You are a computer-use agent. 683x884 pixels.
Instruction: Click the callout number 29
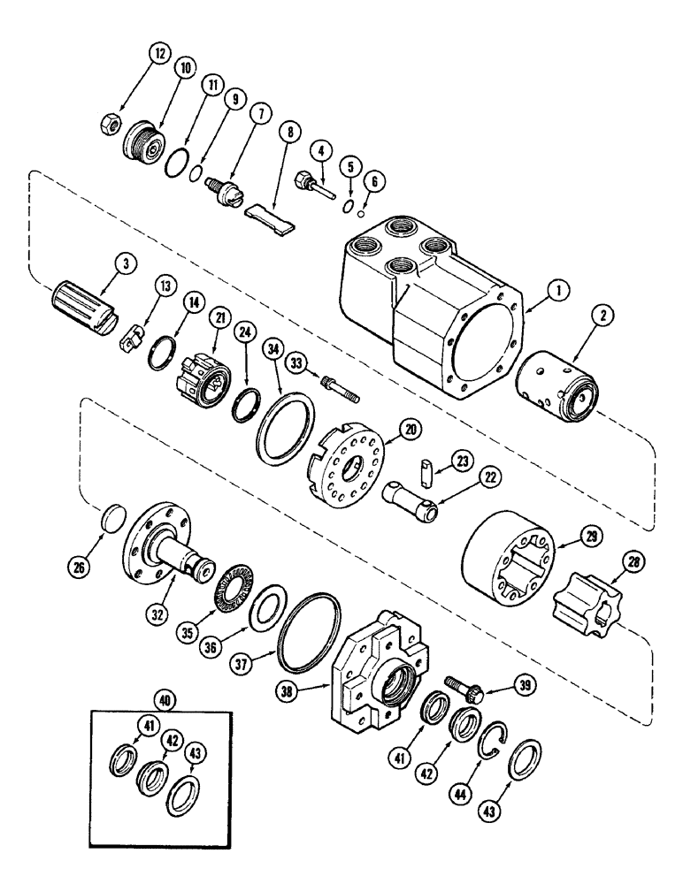566,534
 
